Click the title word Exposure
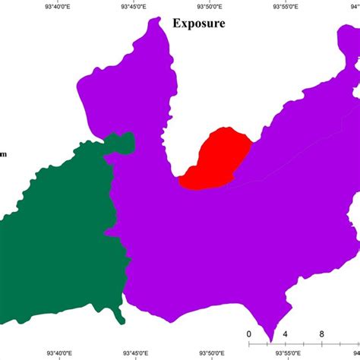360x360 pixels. click(x=198, y=23)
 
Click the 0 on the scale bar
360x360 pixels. click(x=249, y=334)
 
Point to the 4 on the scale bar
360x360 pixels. click(x=286, y=334)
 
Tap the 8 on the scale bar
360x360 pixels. click(x=322, y=334)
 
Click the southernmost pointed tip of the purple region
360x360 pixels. click(x=270, y=341)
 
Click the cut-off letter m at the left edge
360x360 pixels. click(x=3, y=155)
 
